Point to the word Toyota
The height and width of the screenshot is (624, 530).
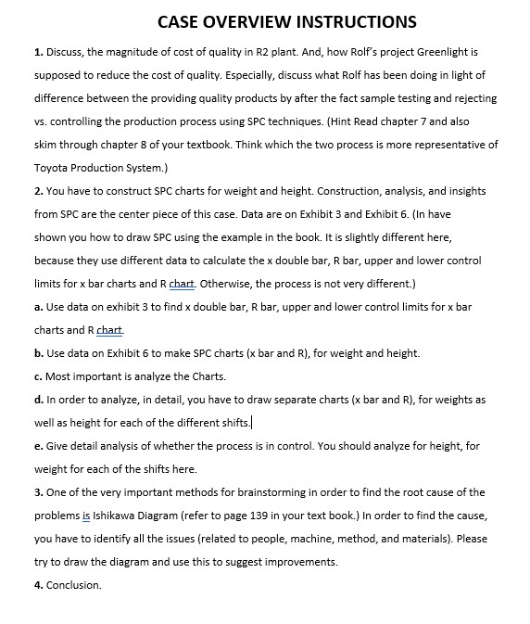(54, 168)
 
